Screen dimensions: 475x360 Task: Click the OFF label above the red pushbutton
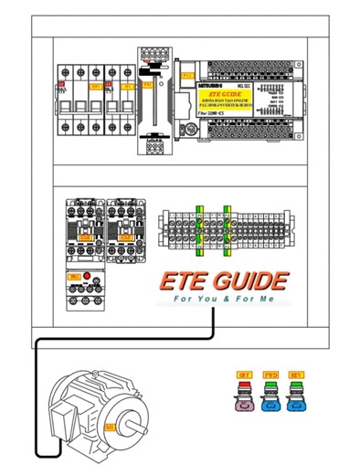click(x=244, y=375)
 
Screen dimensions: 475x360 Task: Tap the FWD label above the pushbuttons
click(x=270, y=375)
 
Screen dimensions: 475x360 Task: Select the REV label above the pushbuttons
click(x=295, y=375)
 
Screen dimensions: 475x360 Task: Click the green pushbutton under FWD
click(x=270, y=395)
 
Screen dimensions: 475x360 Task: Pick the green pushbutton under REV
click(x=295, y=395)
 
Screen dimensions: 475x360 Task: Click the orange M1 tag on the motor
click(x=110, y=427)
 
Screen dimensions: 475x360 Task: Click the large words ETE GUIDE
click(x=223, y=280)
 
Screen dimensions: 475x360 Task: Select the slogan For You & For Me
click(x=223, y=299)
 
